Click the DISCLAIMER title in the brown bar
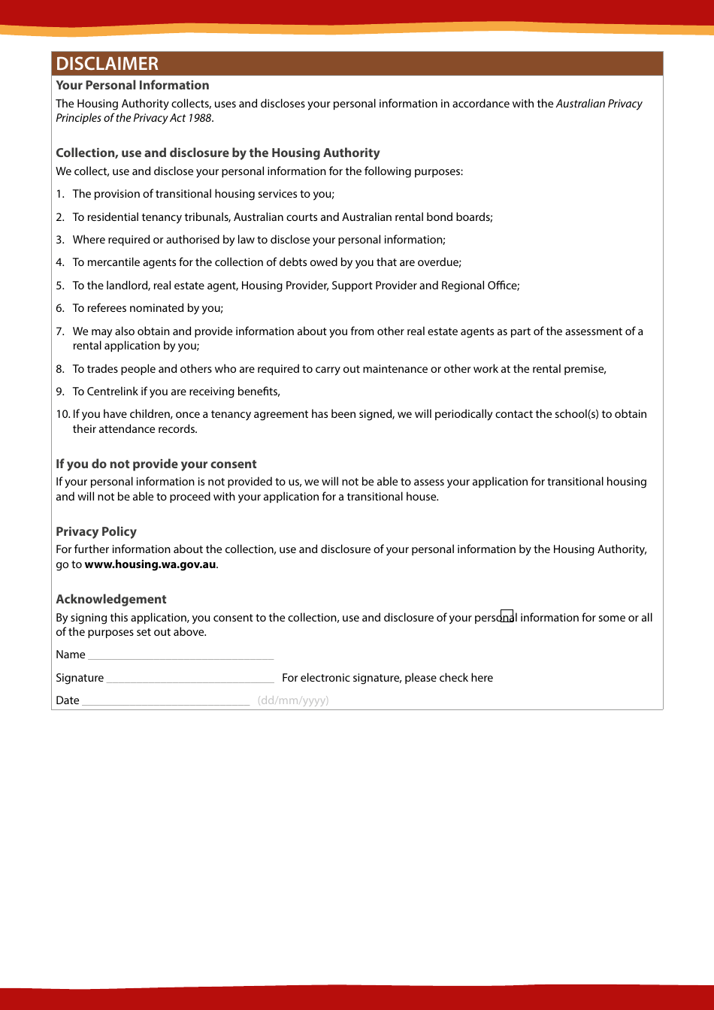point(107,64)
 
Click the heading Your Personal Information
point(132,86)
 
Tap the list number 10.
point(62,414)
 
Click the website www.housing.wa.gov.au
point(150,564)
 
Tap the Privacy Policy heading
point(96,532)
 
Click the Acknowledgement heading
point(111,600)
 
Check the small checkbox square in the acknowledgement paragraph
point(507,616)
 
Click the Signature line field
point(190,679)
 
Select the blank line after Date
point(165,701)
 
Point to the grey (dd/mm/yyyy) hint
point(293,700)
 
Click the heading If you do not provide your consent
point(156,464)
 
